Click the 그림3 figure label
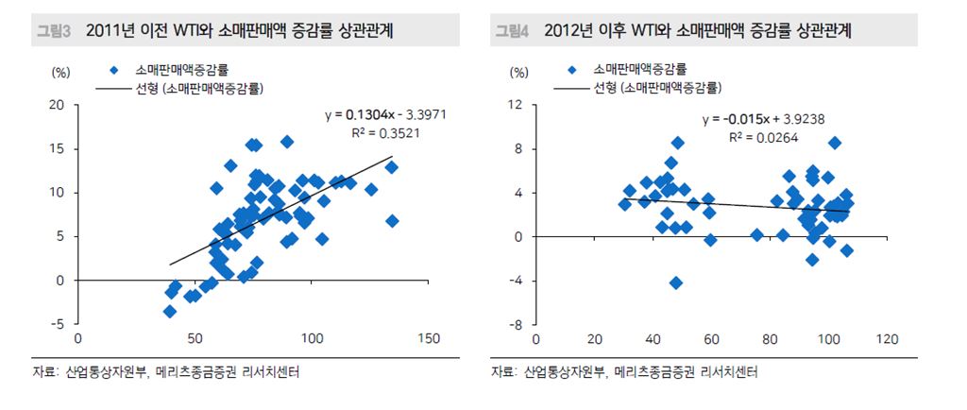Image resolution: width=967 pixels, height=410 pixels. pyautogui.click(x=53, y=31)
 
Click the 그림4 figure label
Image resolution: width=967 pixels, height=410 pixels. pyautogui.click(x=513, y=31)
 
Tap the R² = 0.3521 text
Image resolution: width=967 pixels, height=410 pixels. pyautogui.click(x=385, y=133)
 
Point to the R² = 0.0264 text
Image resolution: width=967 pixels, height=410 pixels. pyautogui.click(x=764, y=138)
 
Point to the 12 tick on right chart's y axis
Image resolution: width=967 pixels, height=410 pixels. pyautogui.click(x=517, y=105)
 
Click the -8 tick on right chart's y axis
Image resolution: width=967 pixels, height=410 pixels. pyautogui.click(x=517, y=324)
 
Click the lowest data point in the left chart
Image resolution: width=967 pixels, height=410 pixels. pyautogui.click(x=170, y=311)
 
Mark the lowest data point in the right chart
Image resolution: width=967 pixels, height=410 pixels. pyautogui.click(x=676, y=282)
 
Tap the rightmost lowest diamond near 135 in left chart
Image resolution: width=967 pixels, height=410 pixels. pyautogui.click(x=392, y=221)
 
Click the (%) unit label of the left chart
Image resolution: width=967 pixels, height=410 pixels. pyautogui.click(x=61, y=72)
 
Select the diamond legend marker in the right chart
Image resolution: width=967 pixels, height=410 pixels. pyautogui.click(x=572, y=70)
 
